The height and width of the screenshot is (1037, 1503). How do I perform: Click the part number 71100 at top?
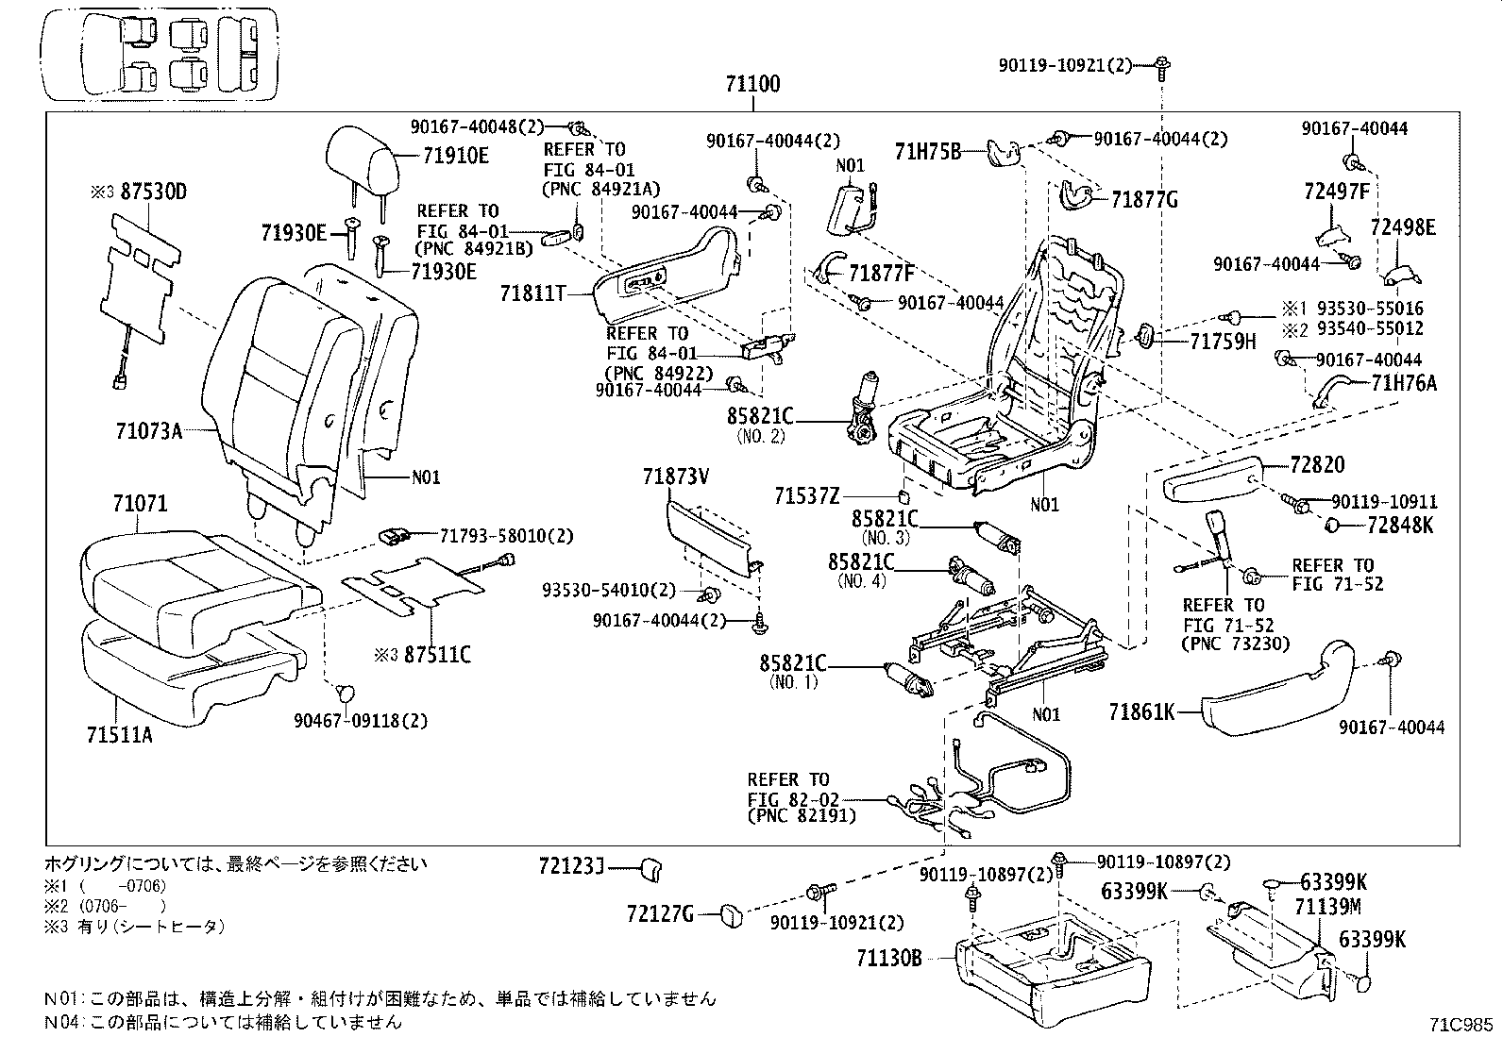(x=752, y=84)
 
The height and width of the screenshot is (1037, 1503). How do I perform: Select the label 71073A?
(x=148, y=431)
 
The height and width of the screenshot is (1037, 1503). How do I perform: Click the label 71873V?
(x=675, y=477)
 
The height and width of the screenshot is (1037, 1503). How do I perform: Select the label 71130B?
(x=888, y=959)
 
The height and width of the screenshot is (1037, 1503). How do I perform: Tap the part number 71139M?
(x=1327, y=908)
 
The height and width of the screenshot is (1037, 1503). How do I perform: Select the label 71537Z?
(x=807, y=495)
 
